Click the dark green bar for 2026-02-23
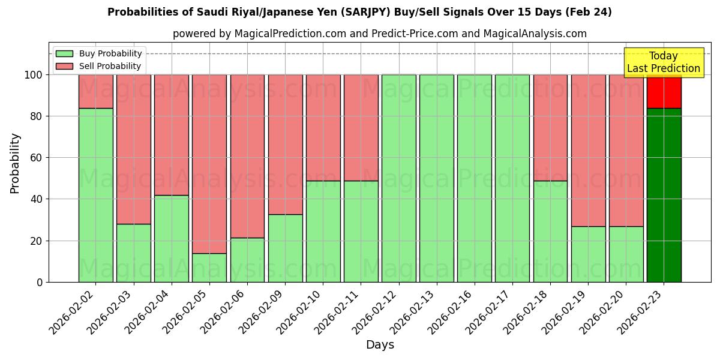[x=664, y=195]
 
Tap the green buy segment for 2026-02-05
[x=209, y=268]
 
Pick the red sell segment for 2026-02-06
[x=247, y=156]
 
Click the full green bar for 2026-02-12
[x=398, y=178]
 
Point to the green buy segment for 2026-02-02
[x=96, y=195]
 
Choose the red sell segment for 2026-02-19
[x=588, y=150]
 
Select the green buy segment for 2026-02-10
[x=323, y=231]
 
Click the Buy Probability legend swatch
[x=64, y=54]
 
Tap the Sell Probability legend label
[x=110, y=67]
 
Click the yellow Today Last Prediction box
[x=664, y=62]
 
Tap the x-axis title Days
[x=380, y=345]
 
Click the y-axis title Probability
[x=15, y=163]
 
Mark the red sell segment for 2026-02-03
[x=134, y=149]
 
